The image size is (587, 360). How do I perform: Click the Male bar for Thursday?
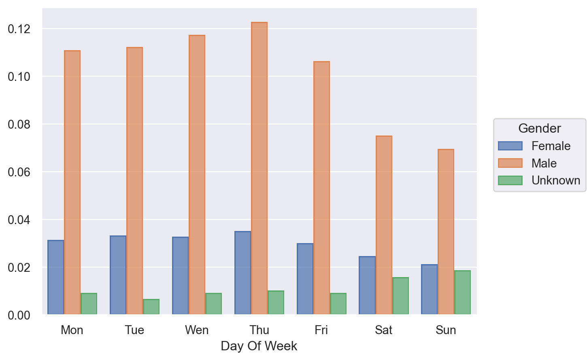259,168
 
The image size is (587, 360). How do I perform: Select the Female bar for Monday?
56,277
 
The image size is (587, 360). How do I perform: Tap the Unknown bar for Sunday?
462,292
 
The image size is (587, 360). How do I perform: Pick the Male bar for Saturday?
384,225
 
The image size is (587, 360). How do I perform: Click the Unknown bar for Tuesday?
151,307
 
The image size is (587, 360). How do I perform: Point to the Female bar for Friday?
305,279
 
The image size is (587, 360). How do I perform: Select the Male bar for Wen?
197,175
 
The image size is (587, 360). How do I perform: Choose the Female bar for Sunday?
429,289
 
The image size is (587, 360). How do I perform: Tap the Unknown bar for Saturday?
400,296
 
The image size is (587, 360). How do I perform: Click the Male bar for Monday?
72,182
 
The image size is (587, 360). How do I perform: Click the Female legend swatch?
510,146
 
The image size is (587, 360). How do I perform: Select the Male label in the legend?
544,163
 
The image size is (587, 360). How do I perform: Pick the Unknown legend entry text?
555,180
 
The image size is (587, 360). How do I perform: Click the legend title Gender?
539,128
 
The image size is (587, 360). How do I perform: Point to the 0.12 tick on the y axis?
19,29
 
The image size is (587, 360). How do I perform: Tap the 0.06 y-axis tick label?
19,172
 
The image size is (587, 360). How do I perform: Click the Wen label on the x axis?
197,330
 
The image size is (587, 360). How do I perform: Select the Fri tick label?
321,330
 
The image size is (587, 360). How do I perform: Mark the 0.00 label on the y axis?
19,315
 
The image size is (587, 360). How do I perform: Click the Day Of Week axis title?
259,346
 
